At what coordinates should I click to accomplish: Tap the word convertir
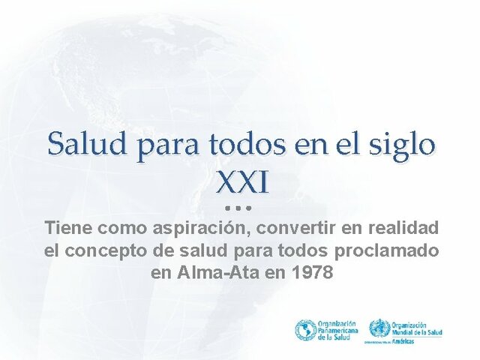click(x=289, y=227)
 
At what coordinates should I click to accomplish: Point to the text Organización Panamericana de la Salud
click(x=337, y=330)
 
